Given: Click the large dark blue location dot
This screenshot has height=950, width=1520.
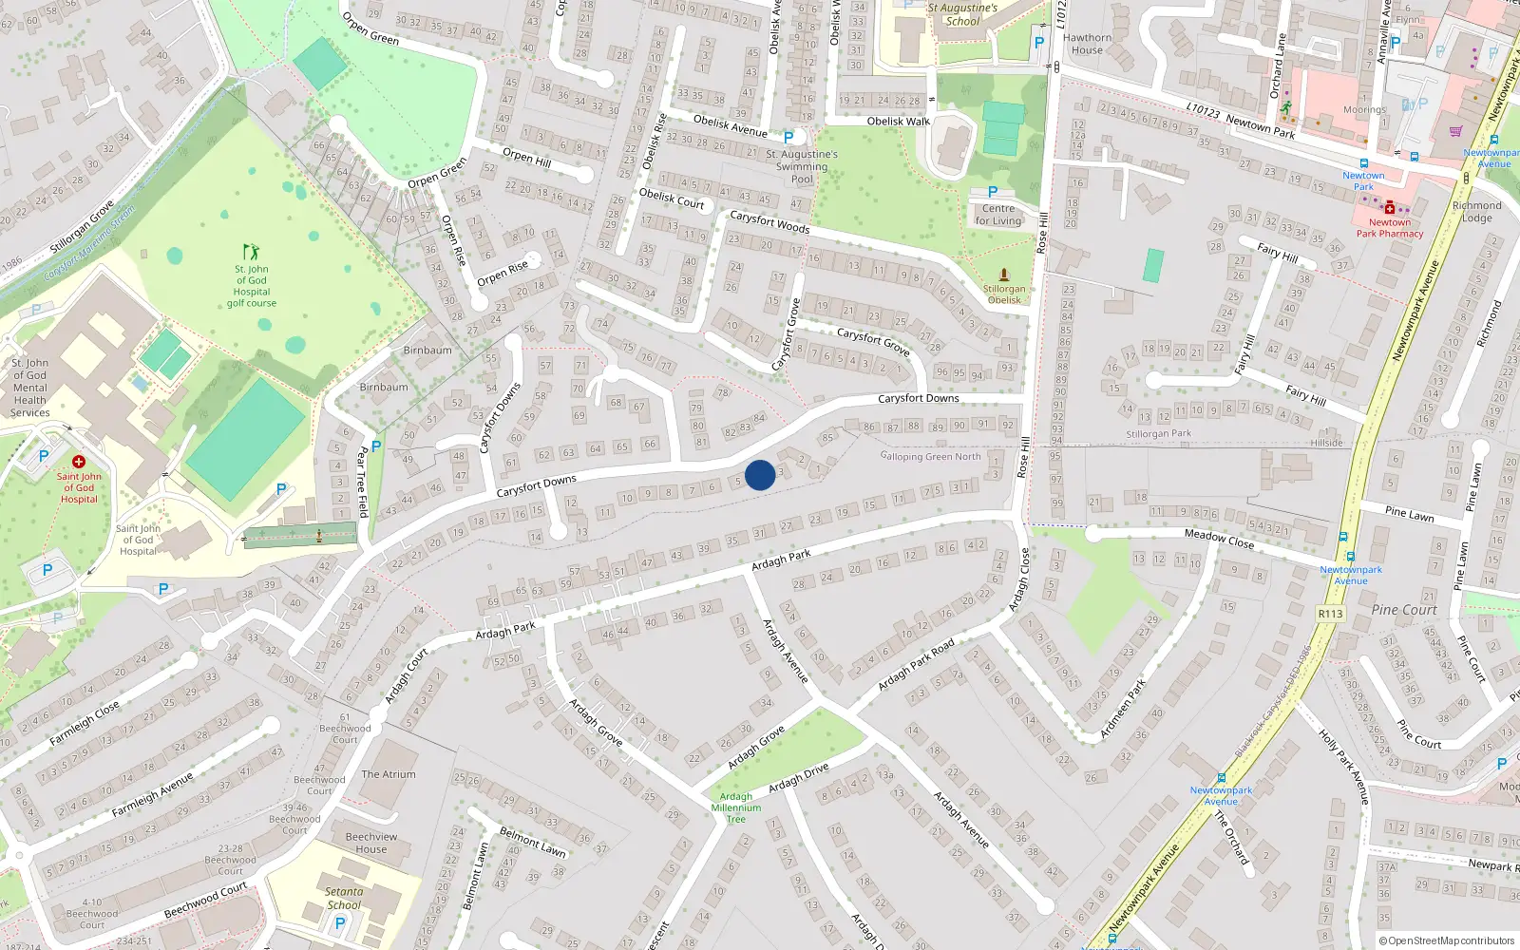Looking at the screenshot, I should pyautogui.click(x=760, y=475).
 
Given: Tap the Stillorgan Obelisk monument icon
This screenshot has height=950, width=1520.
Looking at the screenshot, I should pyautogui.click(x=1003, y=275).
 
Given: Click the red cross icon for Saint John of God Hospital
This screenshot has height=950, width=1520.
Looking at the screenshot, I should pyautogui.click(x=79, y=462).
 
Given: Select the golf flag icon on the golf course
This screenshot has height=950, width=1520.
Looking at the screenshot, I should pyautogui.click(x=251, y=252).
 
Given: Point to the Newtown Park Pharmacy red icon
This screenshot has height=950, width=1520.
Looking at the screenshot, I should pyautogui.click(x=1390, y=207).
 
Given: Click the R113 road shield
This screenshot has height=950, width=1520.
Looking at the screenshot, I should pyautogui.click(x=1330, y=614).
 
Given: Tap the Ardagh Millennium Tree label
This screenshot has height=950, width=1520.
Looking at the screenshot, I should pyautogui.click(x=736, y=807).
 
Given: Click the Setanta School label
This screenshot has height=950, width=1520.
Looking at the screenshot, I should pyautogui.click(x=344, y=898).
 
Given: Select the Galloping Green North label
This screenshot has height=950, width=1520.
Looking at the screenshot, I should pyautogui.click(x=930, y=456).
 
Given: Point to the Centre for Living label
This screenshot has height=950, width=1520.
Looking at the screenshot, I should pyautogui.click(x=998, y=215).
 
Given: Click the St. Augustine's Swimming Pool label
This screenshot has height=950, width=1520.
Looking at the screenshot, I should pyautogui.click(x=802, y=166).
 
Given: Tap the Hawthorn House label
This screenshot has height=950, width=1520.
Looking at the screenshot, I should pyautogui.click(x=1087, y=44).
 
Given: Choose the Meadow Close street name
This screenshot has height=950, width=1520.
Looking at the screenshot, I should pyautogui.click(x=1219, y=539).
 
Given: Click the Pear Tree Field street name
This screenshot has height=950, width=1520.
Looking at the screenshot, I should pyautogui.click(x=362, y=482).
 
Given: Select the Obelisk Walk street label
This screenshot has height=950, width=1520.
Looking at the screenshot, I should pyautogui.click(x=898, y=122).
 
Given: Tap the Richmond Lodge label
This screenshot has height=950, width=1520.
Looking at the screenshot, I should pyautogui.click(x=1477, y=211).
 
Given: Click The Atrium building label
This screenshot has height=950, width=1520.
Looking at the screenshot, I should pyautogui.click(x=389, y=774).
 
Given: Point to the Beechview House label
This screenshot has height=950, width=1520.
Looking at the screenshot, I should pyautogui.click(x=371, y=843).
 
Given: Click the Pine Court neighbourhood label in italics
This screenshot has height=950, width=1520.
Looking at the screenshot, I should pyautogui.click(x=1404, y=610).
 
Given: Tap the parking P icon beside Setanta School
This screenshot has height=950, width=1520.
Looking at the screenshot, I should pyautogui.click(x=340, y=922).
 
